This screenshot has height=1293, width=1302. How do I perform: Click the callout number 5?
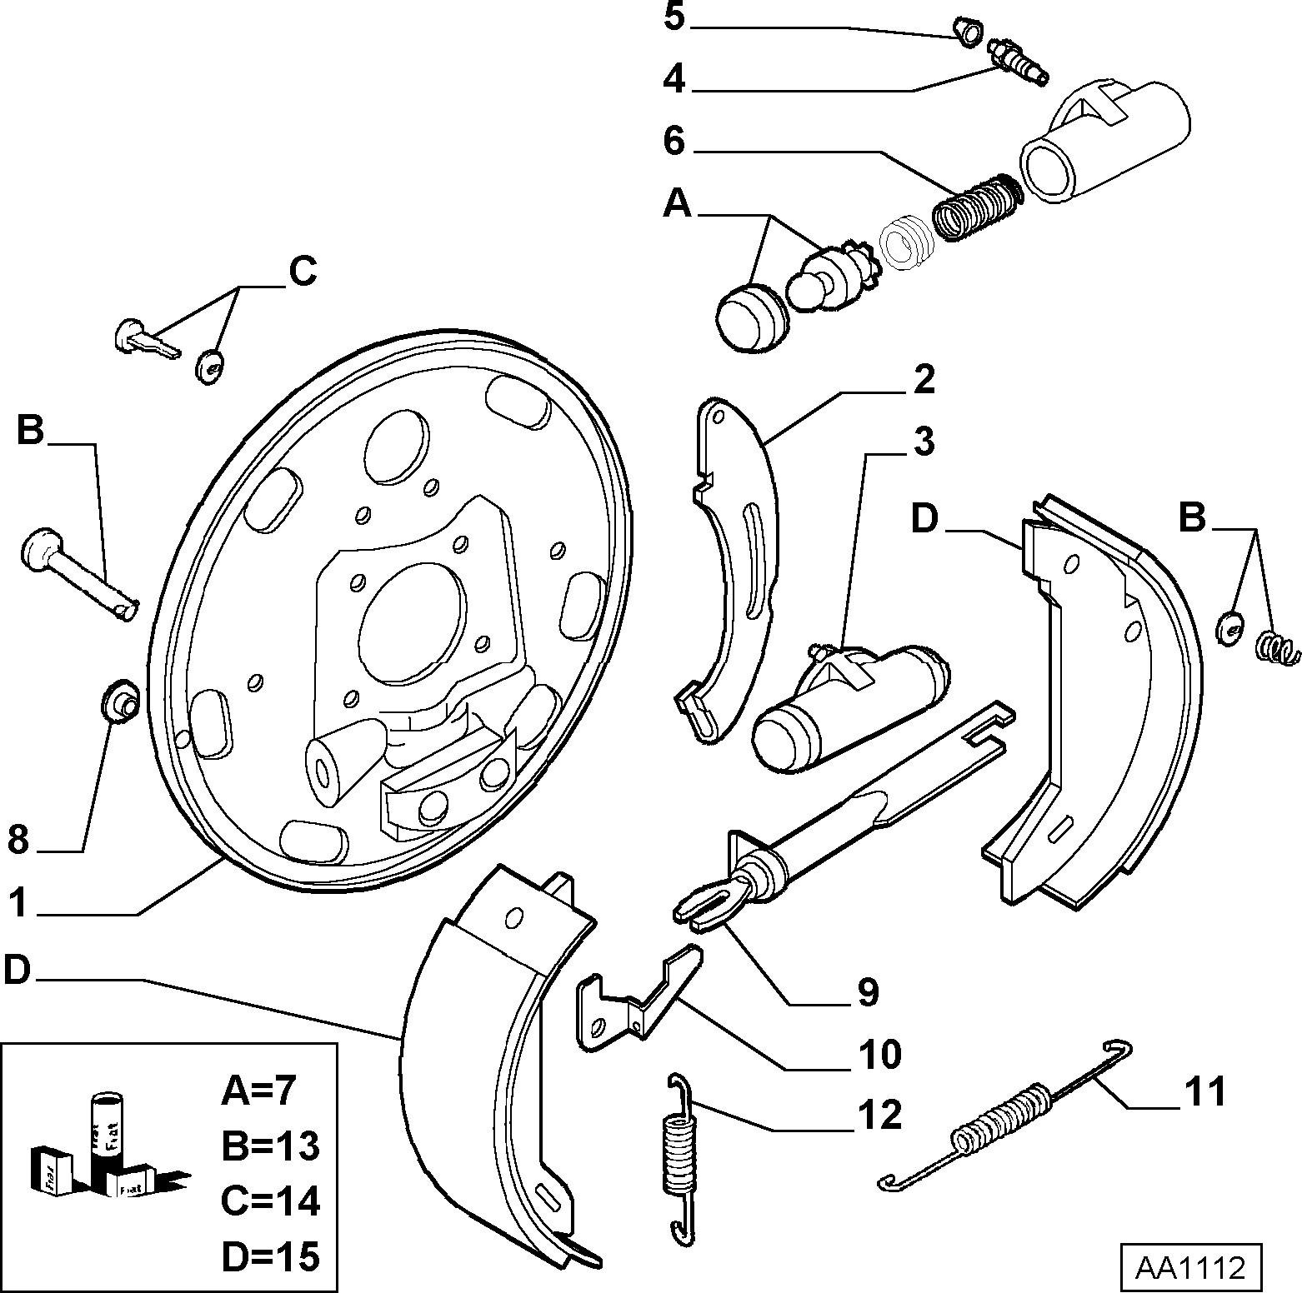click(x=674, y=17)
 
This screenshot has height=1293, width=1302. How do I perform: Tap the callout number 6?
click(x=674, y=141)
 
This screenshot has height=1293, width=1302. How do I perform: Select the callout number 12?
click(x=879, y=1115)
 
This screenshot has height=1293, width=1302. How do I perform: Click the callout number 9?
click(x=868, y=991)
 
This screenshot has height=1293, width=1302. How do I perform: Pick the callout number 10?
click(x=879, y=1054)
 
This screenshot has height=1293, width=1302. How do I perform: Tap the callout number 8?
click(x=18, y=840)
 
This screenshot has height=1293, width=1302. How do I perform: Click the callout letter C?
click(x=302, y=272)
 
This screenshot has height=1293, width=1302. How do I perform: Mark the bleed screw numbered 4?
click(x=1019, y=61)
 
